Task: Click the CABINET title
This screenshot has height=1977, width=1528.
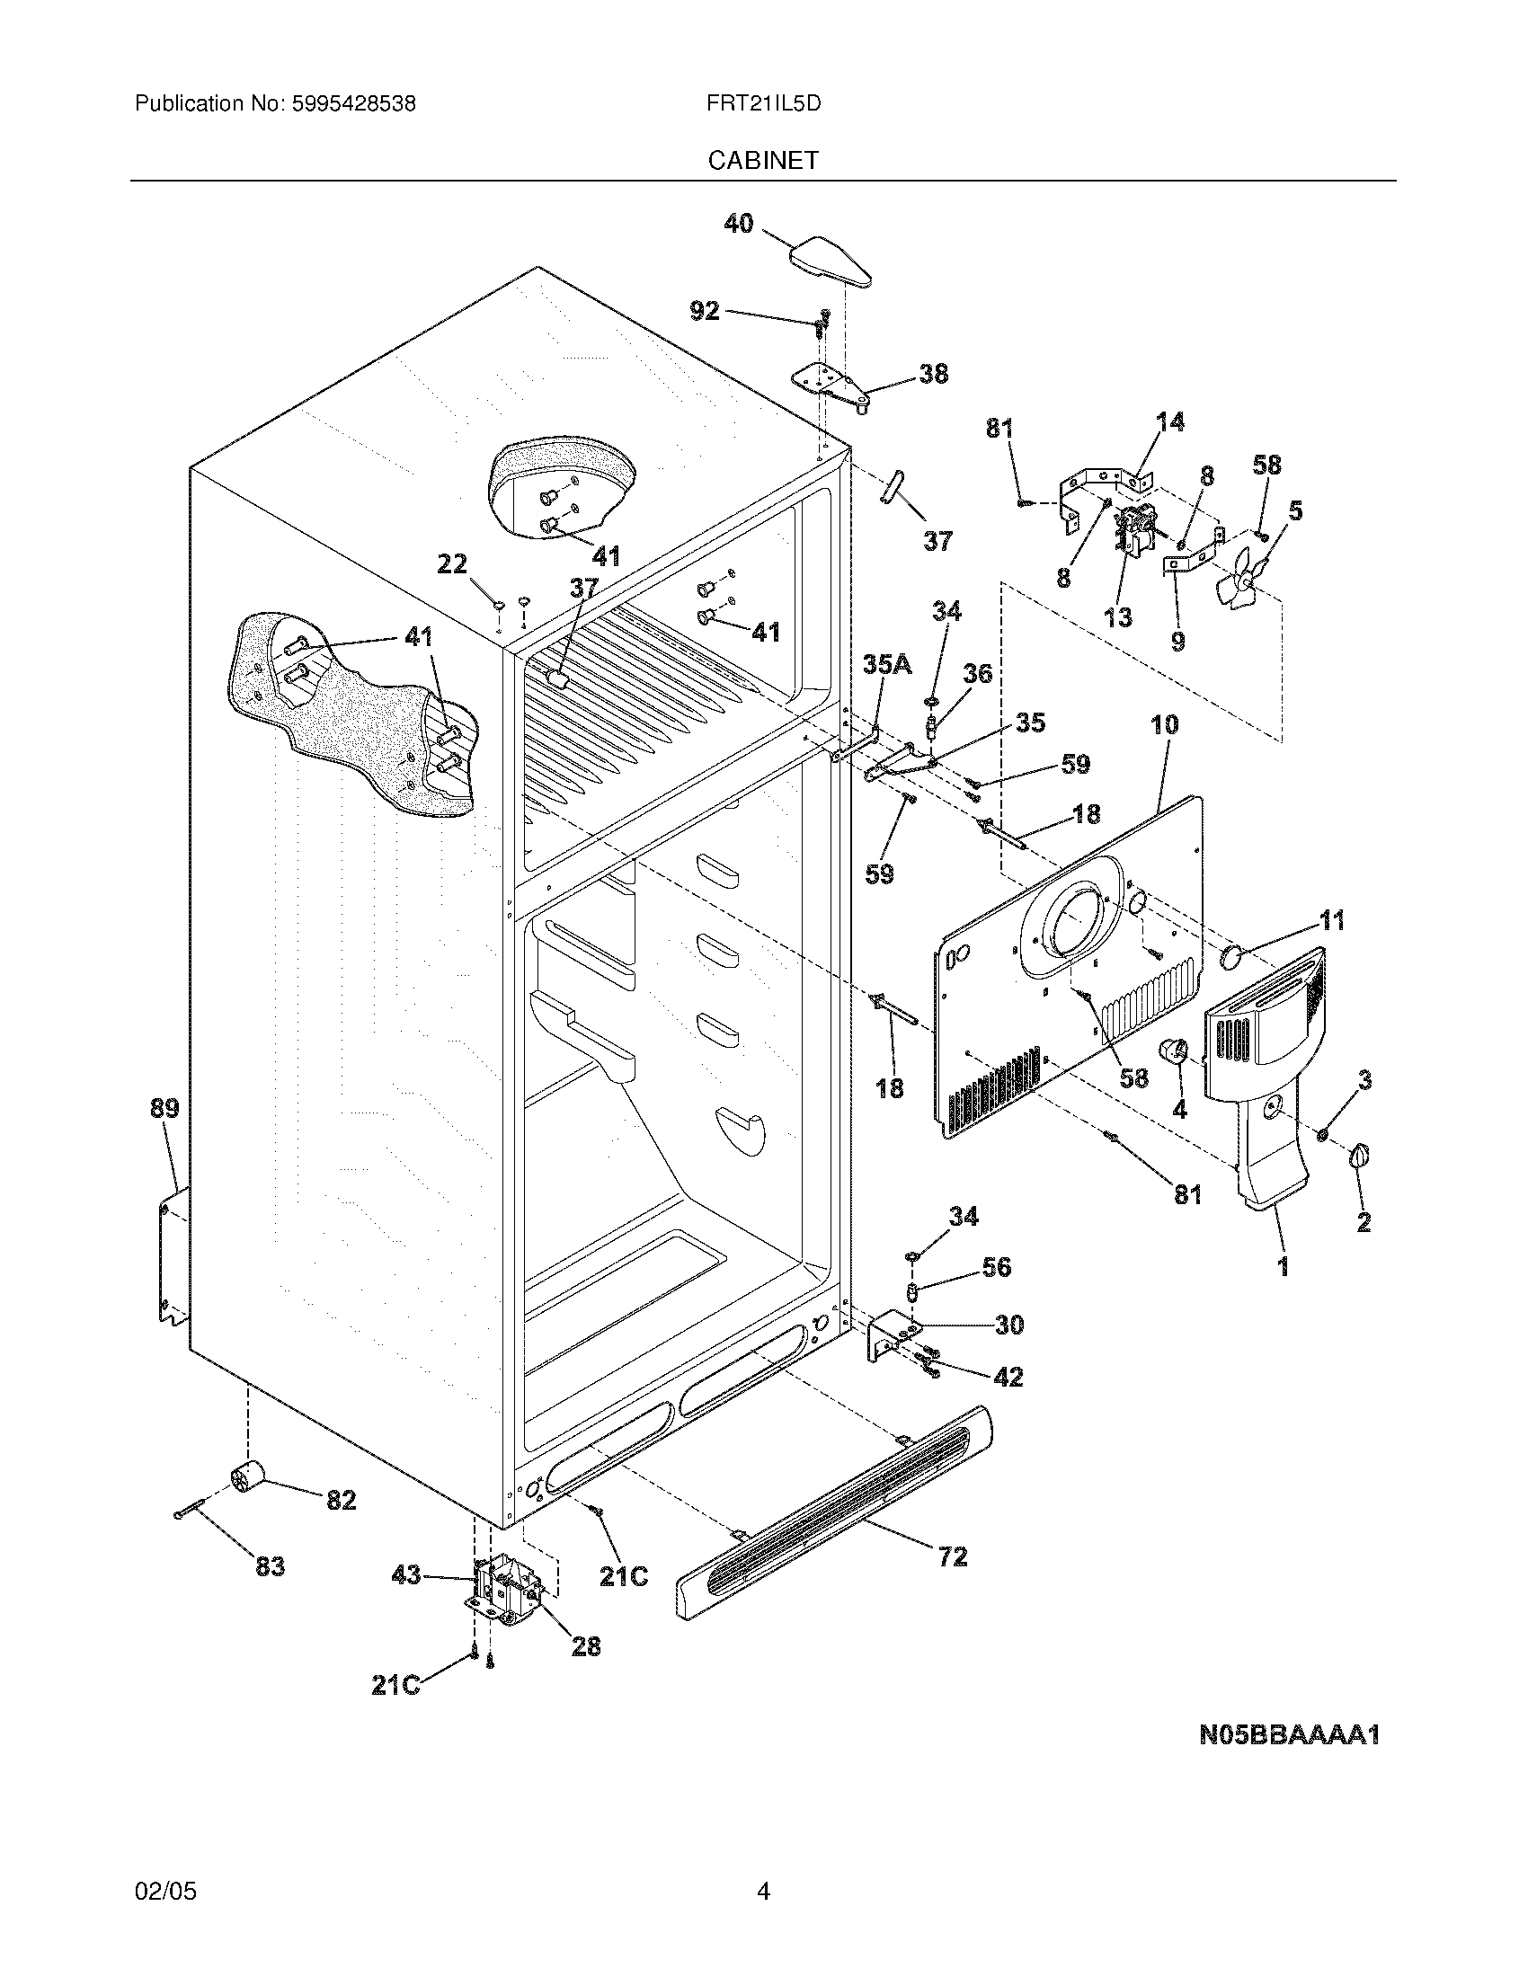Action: [762, 160]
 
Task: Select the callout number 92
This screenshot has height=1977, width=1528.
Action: [705, 312]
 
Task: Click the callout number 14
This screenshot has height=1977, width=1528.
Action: [1170, 421]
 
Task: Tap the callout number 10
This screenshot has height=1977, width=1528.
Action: [1165, 724]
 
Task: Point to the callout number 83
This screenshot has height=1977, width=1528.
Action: [270, 1565]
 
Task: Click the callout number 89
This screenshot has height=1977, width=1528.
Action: [164, 1108]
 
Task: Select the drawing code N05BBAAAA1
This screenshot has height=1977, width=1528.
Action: [1289, 1735]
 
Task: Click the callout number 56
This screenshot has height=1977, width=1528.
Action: [996, 1266]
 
